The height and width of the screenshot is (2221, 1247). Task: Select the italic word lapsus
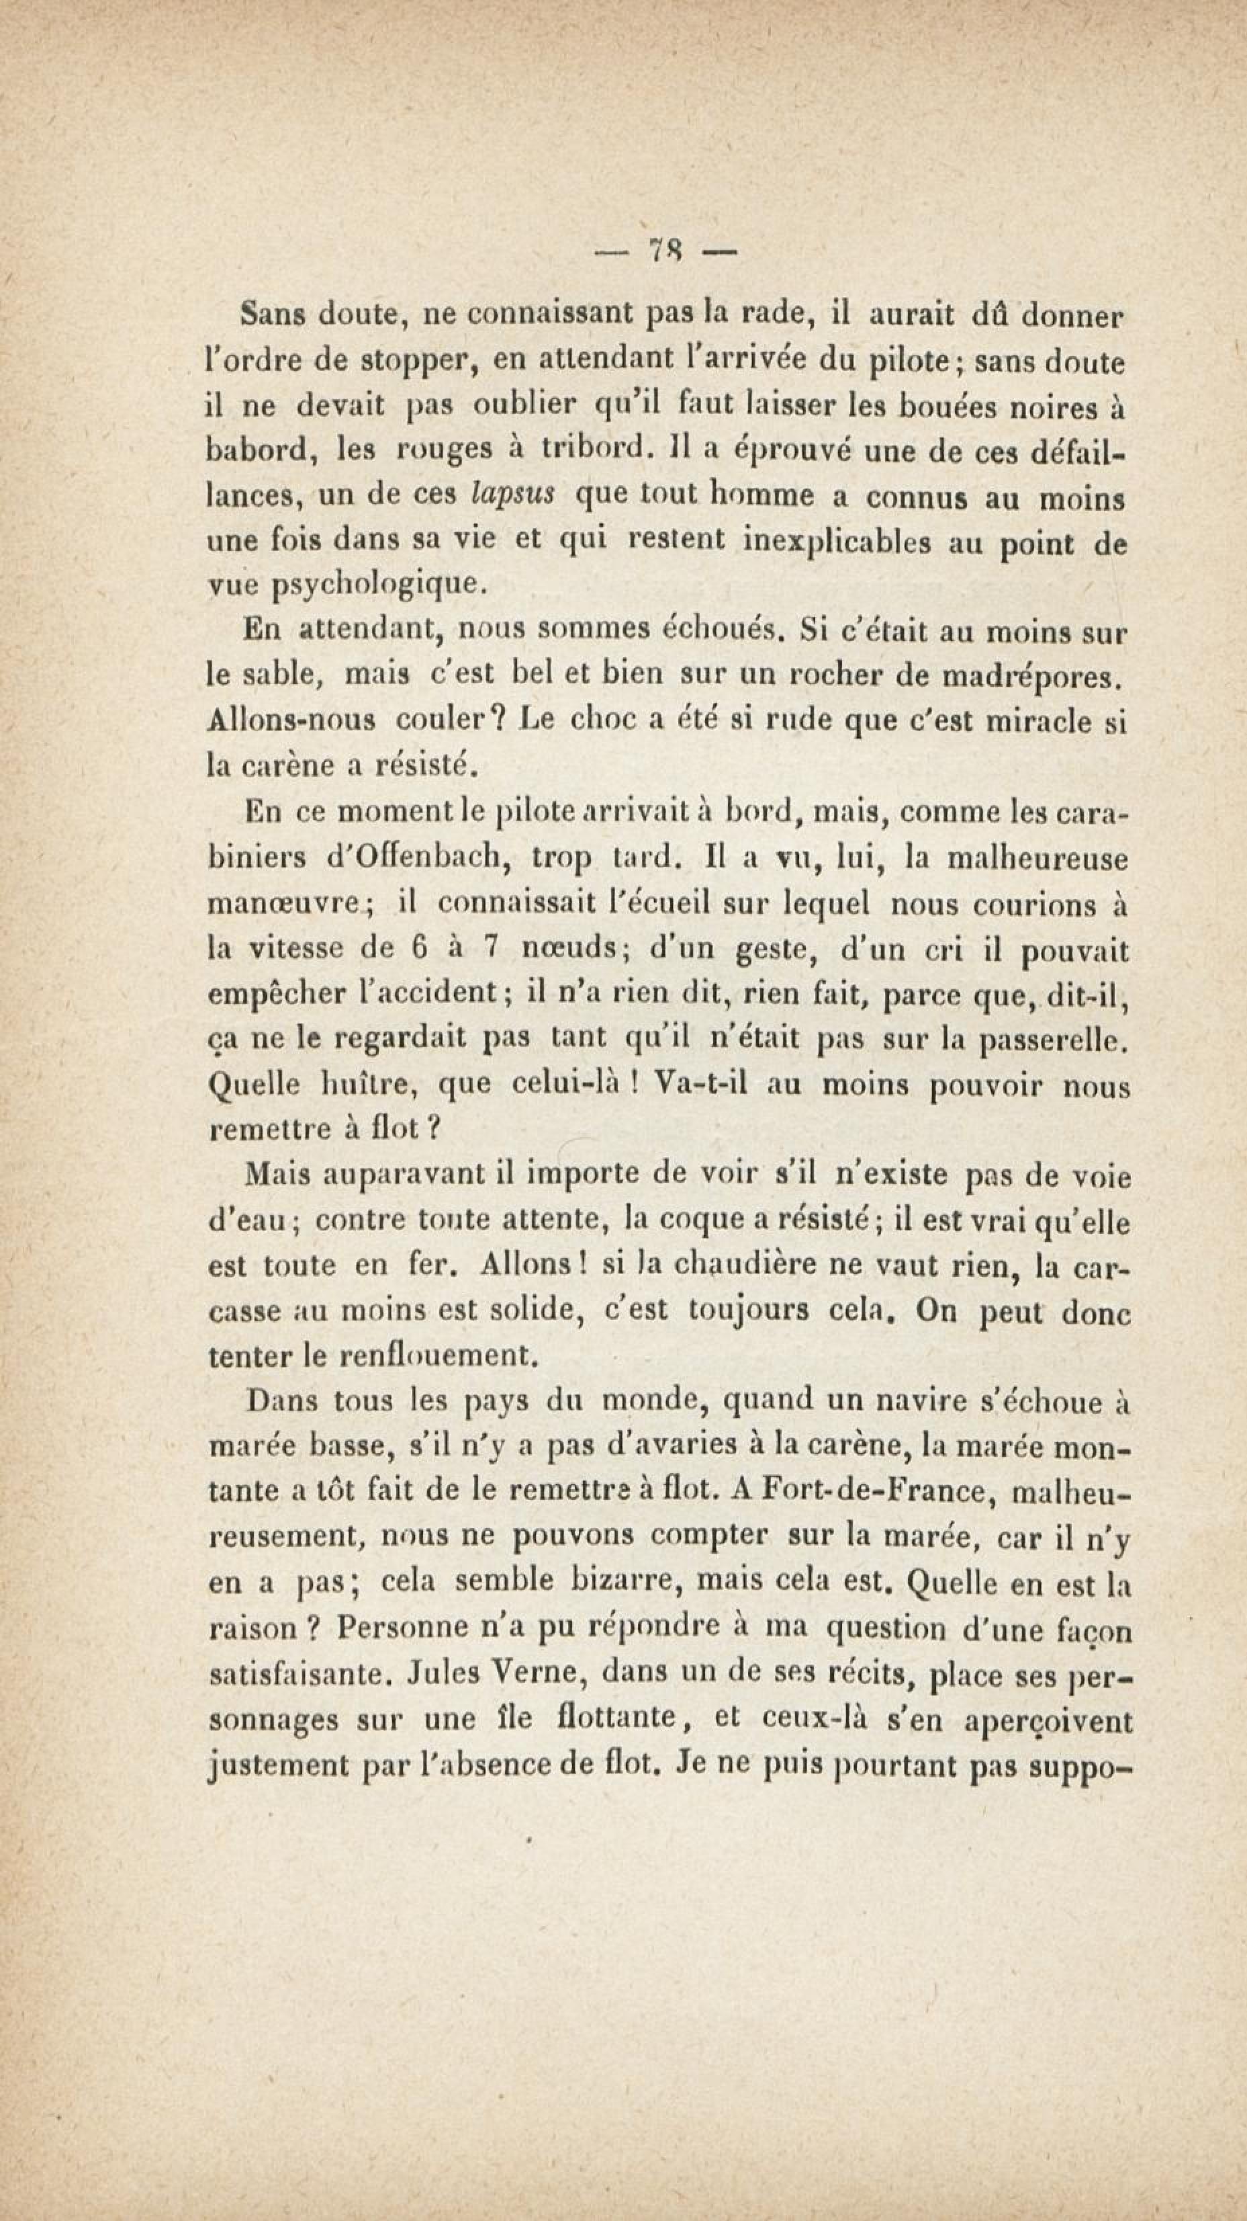(x=514, y=495)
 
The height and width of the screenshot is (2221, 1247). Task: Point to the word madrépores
(x=1031, y=675)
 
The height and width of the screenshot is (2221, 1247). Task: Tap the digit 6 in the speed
(x=419, y=948)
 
